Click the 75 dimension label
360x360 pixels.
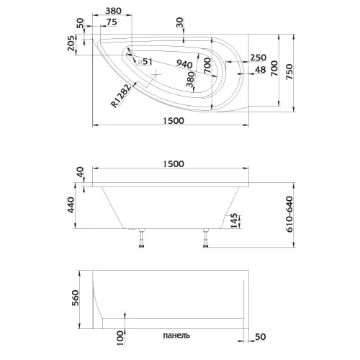pos(112,22)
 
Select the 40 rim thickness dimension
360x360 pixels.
pos(80,174)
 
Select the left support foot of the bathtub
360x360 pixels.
pos(141,241)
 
